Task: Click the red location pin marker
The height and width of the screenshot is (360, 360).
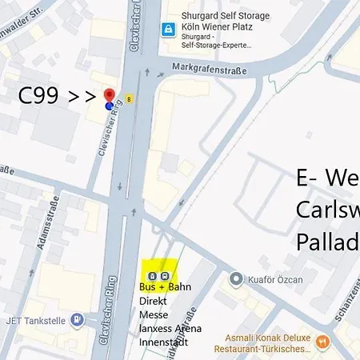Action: point(110,97)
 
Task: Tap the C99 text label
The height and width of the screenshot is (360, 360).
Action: point(38,97)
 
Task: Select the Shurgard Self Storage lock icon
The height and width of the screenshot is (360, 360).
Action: point(168,30)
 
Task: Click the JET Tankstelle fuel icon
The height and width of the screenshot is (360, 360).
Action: point(77,321)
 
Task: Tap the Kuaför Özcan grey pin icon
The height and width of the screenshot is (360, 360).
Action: point(235,279)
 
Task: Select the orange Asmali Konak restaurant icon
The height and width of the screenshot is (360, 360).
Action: point(323,342)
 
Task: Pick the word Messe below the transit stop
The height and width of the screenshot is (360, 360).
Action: point(154,316)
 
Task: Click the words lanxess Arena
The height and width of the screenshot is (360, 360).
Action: point(170,328)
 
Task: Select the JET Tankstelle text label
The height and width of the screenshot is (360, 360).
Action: point(35,321)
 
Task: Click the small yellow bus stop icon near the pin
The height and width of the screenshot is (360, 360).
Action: point(129,99)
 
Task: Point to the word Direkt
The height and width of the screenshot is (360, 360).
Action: point(154,302)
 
